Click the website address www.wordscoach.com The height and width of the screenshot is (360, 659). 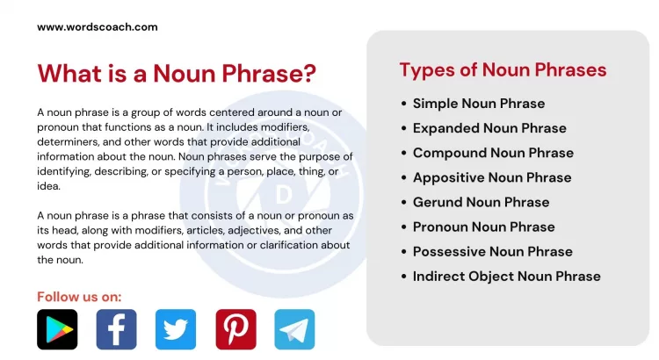pos(98,27)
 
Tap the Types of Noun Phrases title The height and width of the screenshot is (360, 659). pos(503,70)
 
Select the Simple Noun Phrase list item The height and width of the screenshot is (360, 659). pos(479,104)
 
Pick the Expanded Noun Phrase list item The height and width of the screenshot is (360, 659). pos(489,128)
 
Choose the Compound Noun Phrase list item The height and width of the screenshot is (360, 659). pos(493,153)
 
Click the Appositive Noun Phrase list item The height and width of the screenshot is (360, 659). pos(492,177)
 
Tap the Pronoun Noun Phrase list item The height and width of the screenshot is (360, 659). pos(484,227)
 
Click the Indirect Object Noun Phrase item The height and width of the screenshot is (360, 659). pos(507,276)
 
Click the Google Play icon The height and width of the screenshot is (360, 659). pos(57,329)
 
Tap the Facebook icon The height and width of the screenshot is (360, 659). pos(116,329)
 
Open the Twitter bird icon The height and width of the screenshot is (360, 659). pos(176,329)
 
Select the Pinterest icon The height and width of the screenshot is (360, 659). pos(235,329)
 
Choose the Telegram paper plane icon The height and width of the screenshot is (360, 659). pos(294,329)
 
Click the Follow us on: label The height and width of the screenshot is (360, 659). pos(79,296)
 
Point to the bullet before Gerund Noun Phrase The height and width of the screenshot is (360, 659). pos(403,203)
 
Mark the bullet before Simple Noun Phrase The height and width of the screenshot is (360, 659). pos(403,104)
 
